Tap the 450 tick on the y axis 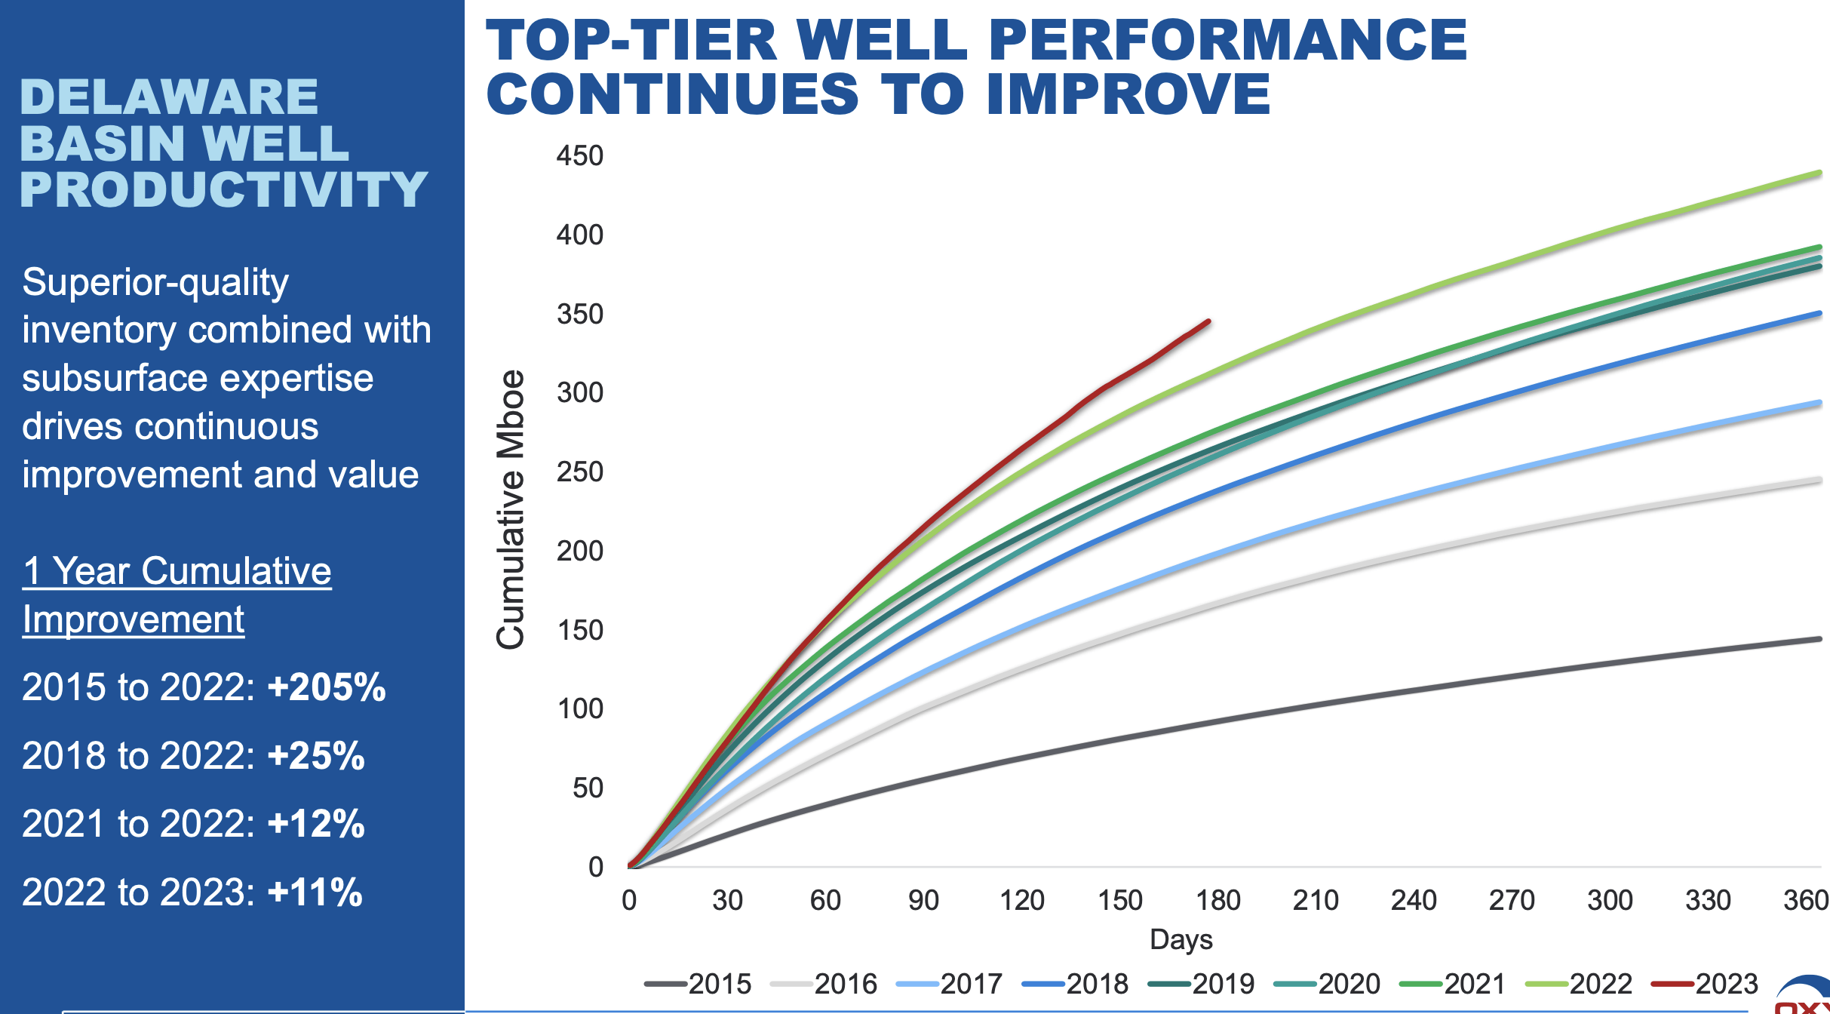click(x=579, y=156)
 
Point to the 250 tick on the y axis click(x=579, y=472)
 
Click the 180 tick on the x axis click(x=1217, y=900)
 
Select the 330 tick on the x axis click(x=1708, y=900)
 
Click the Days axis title click(x=1181, y=939)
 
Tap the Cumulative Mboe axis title click(x=511, y=509)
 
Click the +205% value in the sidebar click(x=326, y=687)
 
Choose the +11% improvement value click(x=315, y=893)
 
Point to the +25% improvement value click(x=316, y=756)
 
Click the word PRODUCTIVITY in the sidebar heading click(x=223, y=189)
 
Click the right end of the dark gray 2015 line click(x=1819, y=639)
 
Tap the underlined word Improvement click(x=134, y=619)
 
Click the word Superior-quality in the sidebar click(x=155, y=282)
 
